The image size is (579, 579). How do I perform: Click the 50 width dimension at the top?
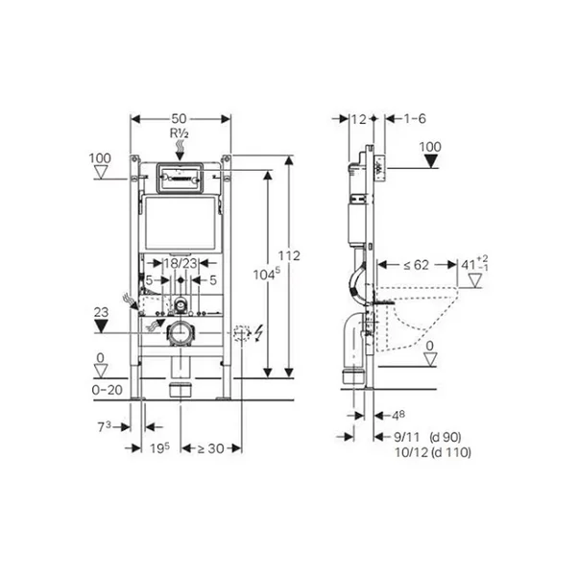(x=180, y=118)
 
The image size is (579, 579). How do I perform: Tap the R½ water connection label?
(x=180, y=133)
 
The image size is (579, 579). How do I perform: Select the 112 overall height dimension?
(x=289, y=255)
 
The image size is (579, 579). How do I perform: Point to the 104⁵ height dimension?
(x=267, y=275)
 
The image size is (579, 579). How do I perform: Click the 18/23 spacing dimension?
(x=181, y=263)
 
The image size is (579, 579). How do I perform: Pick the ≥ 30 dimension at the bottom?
(x=211, y=448)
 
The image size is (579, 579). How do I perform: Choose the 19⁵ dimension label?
(x=159, y=448)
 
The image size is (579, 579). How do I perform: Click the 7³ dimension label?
(x=104, y=427)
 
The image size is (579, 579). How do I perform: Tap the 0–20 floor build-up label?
(x=108, y=390)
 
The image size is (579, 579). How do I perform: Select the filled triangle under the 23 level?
(x=101, y=326)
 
